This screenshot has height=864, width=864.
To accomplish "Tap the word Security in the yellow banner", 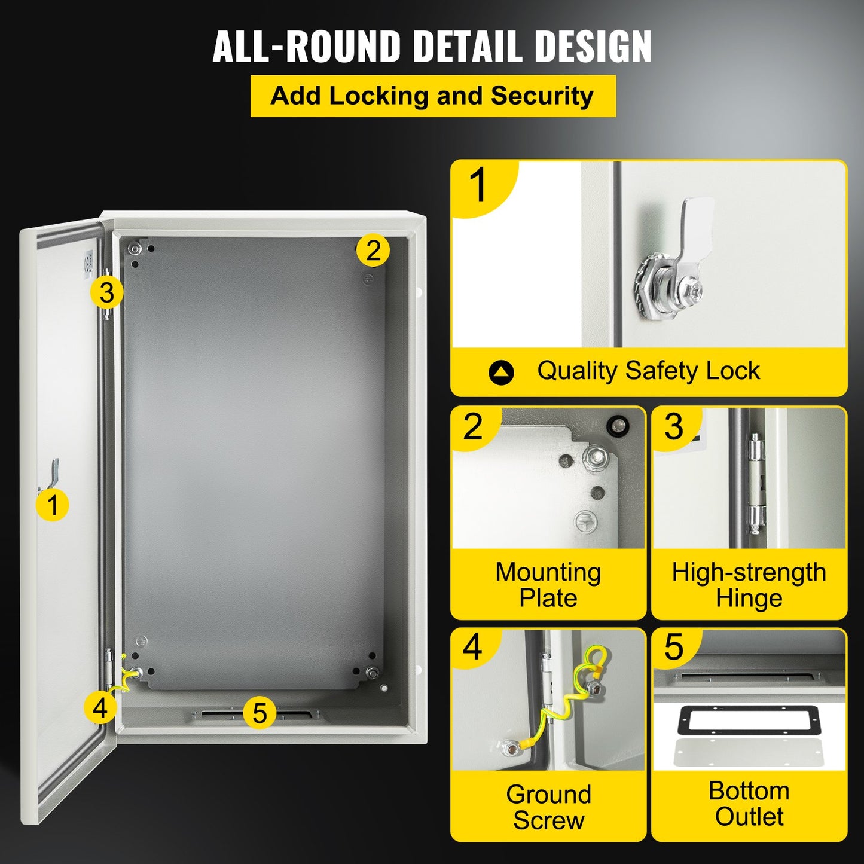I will [542, 96].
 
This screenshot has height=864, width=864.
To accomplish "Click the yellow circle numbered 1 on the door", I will [53, 505].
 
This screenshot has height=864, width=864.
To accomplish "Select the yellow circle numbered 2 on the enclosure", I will [373, 251].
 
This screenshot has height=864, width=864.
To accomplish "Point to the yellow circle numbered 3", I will [106, 293].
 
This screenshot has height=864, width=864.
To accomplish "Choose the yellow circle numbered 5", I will [259, 713].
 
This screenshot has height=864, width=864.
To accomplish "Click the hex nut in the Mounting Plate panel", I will [596, 458].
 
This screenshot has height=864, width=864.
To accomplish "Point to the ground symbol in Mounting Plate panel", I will [587, 521].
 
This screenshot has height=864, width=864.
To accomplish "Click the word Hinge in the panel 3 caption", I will [749, 598].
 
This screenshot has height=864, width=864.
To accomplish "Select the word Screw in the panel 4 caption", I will [548, 820].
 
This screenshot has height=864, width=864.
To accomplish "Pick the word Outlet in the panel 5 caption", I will [749, 817].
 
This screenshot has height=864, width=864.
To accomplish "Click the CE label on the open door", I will [88, 262].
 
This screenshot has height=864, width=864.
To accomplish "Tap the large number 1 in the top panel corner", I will [478, 185].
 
